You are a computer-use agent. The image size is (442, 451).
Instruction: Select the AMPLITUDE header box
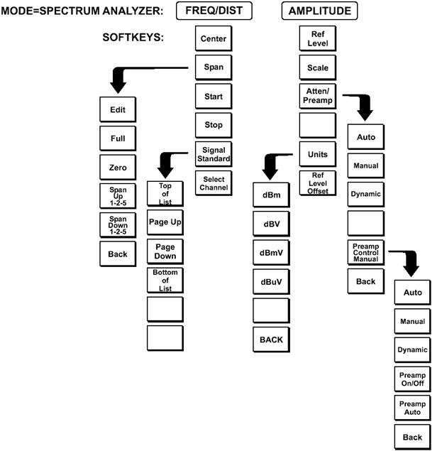point(320,11)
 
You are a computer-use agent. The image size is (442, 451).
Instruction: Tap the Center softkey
point(214,39)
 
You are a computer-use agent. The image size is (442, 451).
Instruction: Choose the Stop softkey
point(214,125)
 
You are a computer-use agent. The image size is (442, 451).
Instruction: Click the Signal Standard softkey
point(214,154)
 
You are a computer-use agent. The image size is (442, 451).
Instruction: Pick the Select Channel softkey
point(214,183)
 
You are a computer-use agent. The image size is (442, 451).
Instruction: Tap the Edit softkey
point(117,110)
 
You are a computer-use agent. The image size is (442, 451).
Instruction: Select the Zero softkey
point(117,168)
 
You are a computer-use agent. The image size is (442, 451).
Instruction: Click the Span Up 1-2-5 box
point(117,197)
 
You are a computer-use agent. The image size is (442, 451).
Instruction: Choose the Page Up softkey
point(165,222)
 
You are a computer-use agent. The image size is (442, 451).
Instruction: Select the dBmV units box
point(271,253)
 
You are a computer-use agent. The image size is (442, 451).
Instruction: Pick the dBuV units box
point(271,282)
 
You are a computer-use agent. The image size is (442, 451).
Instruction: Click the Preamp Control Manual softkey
point(365,253)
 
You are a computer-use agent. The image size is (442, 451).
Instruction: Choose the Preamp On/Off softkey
point(412,379)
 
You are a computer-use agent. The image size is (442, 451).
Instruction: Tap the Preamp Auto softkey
point(412,408)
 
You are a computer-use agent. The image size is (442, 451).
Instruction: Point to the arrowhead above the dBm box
point(272,170)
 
